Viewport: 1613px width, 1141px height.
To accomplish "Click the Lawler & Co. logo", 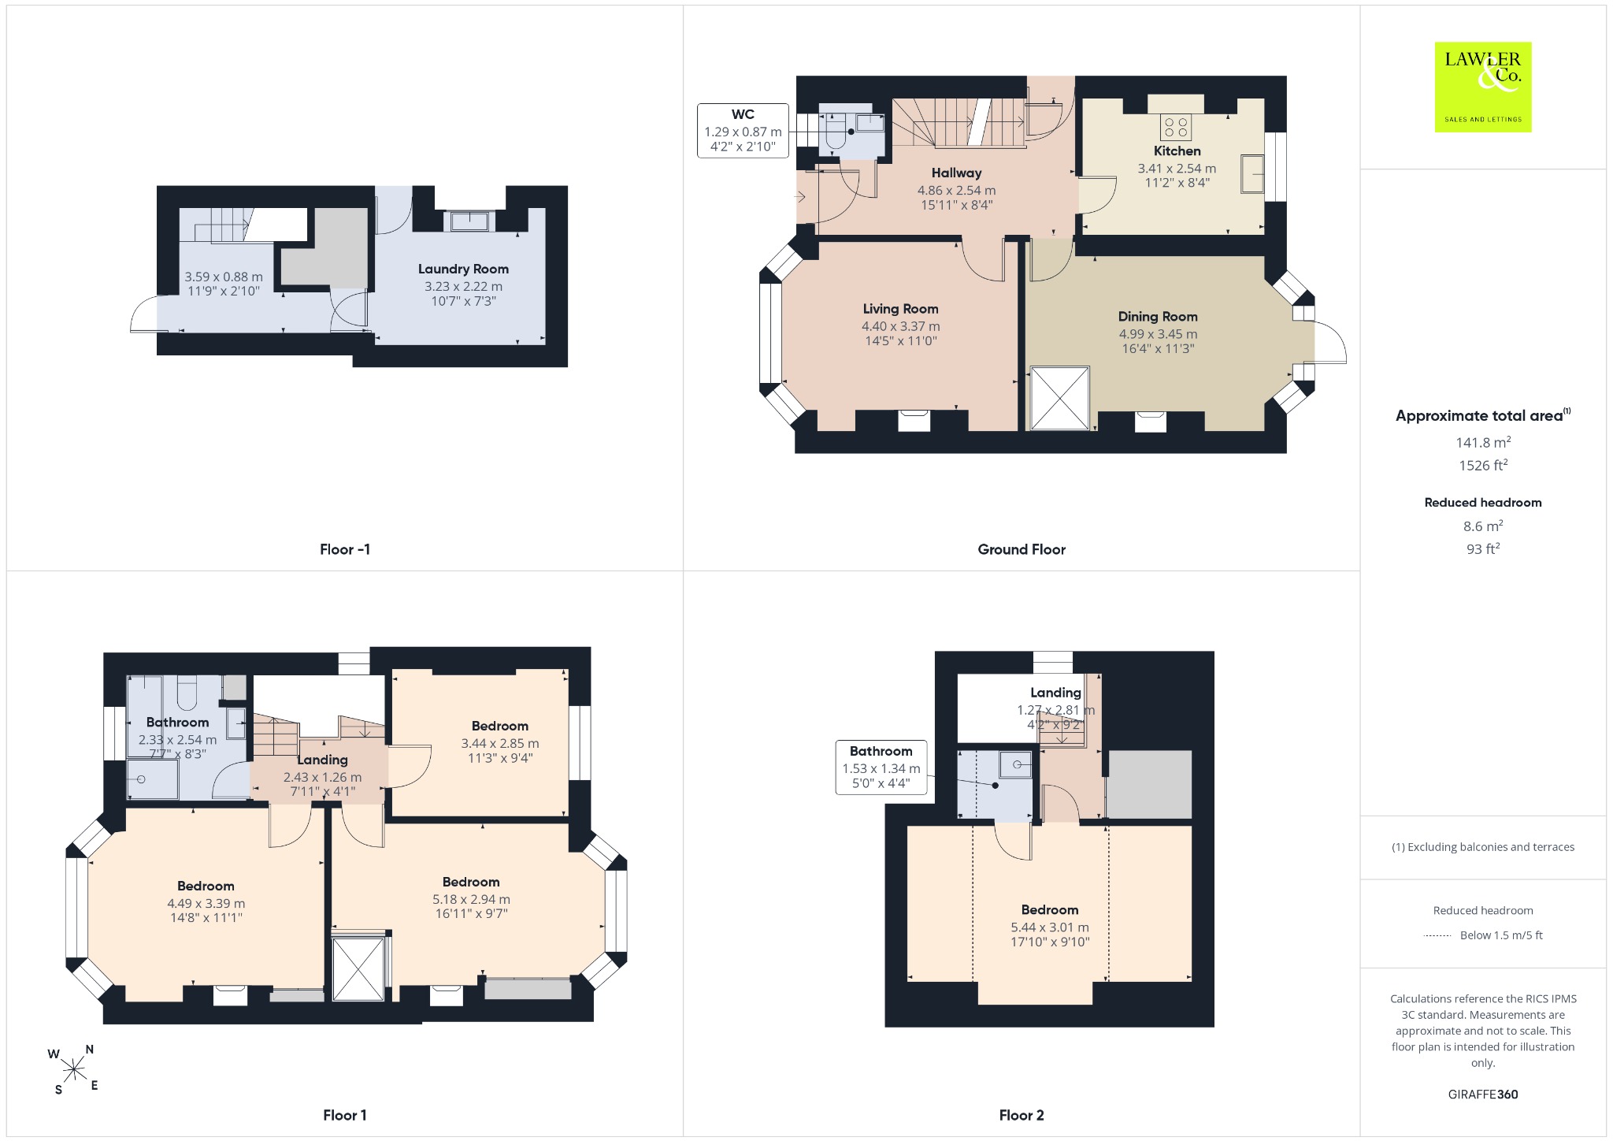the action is (x=1483, y=87).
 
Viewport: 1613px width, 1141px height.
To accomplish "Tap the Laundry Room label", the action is (x=463, y=269).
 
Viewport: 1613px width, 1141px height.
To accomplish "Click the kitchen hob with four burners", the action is (x=1175, y=127).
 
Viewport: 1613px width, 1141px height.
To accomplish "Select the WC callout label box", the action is (x=743, y=131).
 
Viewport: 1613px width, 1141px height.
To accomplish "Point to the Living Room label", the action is (x=900, y=309).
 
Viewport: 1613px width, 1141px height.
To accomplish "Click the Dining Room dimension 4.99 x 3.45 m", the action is (x=1158, y=334).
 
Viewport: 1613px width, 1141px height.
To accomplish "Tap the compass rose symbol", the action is (x=74, y=1069).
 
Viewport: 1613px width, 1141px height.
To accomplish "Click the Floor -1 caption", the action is (x=345, y=549).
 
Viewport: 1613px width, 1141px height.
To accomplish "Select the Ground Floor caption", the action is (x=1022, y=549).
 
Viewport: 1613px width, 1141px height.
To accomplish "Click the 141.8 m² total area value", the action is (x=1483, y=443).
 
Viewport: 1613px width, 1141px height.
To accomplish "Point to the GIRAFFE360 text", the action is (x=1483, y=1095).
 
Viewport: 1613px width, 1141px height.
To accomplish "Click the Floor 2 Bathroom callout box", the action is (x=881, y=767).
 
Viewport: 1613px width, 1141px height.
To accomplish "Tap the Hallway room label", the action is (x=956, y=173).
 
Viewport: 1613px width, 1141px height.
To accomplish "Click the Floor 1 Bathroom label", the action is (x=177, y=723).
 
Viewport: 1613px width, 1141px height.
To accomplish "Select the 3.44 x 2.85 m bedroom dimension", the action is (x=500, y=743).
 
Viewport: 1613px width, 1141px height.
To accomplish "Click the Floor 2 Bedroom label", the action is (x=1050, y=910).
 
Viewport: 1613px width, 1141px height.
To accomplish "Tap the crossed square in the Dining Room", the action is (x=1060, y=399).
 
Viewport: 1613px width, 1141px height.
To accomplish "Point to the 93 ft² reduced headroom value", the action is (x=1483, y=548).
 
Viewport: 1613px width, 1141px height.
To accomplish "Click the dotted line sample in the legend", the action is (x=1437, y=936).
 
